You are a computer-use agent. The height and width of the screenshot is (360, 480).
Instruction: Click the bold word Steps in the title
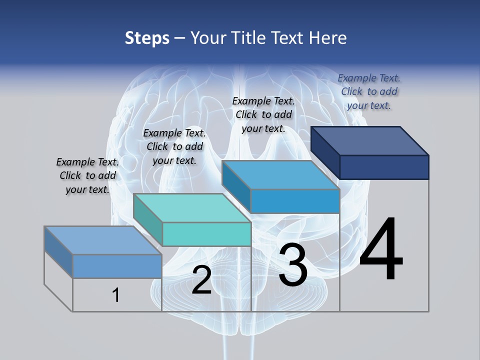point(147,38)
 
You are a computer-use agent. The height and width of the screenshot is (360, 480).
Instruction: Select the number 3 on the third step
point(293,265)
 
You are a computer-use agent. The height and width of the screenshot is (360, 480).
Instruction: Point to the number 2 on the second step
point(201,280)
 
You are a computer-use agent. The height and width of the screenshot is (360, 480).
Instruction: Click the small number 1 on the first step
point(116,295)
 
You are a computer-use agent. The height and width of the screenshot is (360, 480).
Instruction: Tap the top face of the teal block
point(192,208)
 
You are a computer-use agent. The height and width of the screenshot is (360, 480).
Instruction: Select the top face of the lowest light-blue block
point(103,240)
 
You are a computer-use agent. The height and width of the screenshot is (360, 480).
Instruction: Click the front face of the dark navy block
point(384,167)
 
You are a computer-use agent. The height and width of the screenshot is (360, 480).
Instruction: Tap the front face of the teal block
point(206,234)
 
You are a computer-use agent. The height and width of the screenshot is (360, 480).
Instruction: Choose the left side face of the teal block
point(148,220)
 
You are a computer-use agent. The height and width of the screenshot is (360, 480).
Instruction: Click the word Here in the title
point(328,38)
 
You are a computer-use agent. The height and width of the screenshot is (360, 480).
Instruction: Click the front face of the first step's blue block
point(117,266)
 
